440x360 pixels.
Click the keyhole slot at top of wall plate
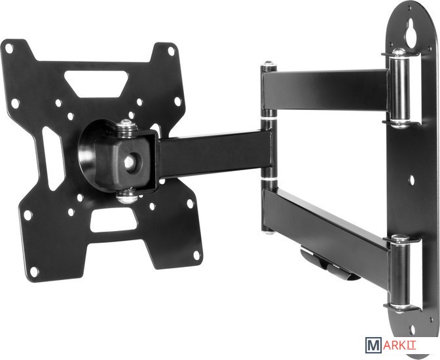click(411, 34)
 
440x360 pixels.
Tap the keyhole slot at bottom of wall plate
click(412, 331)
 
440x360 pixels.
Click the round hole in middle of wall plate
click(411, 180)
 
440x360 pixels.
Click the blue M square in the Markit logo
click(374, 345)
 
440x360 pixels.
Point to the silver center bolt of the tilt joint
click(130, 162)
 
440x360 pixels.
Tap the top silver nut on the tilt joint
click(127, 128)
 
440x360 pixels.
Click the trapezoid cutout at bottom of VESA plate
click(112, 221)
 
